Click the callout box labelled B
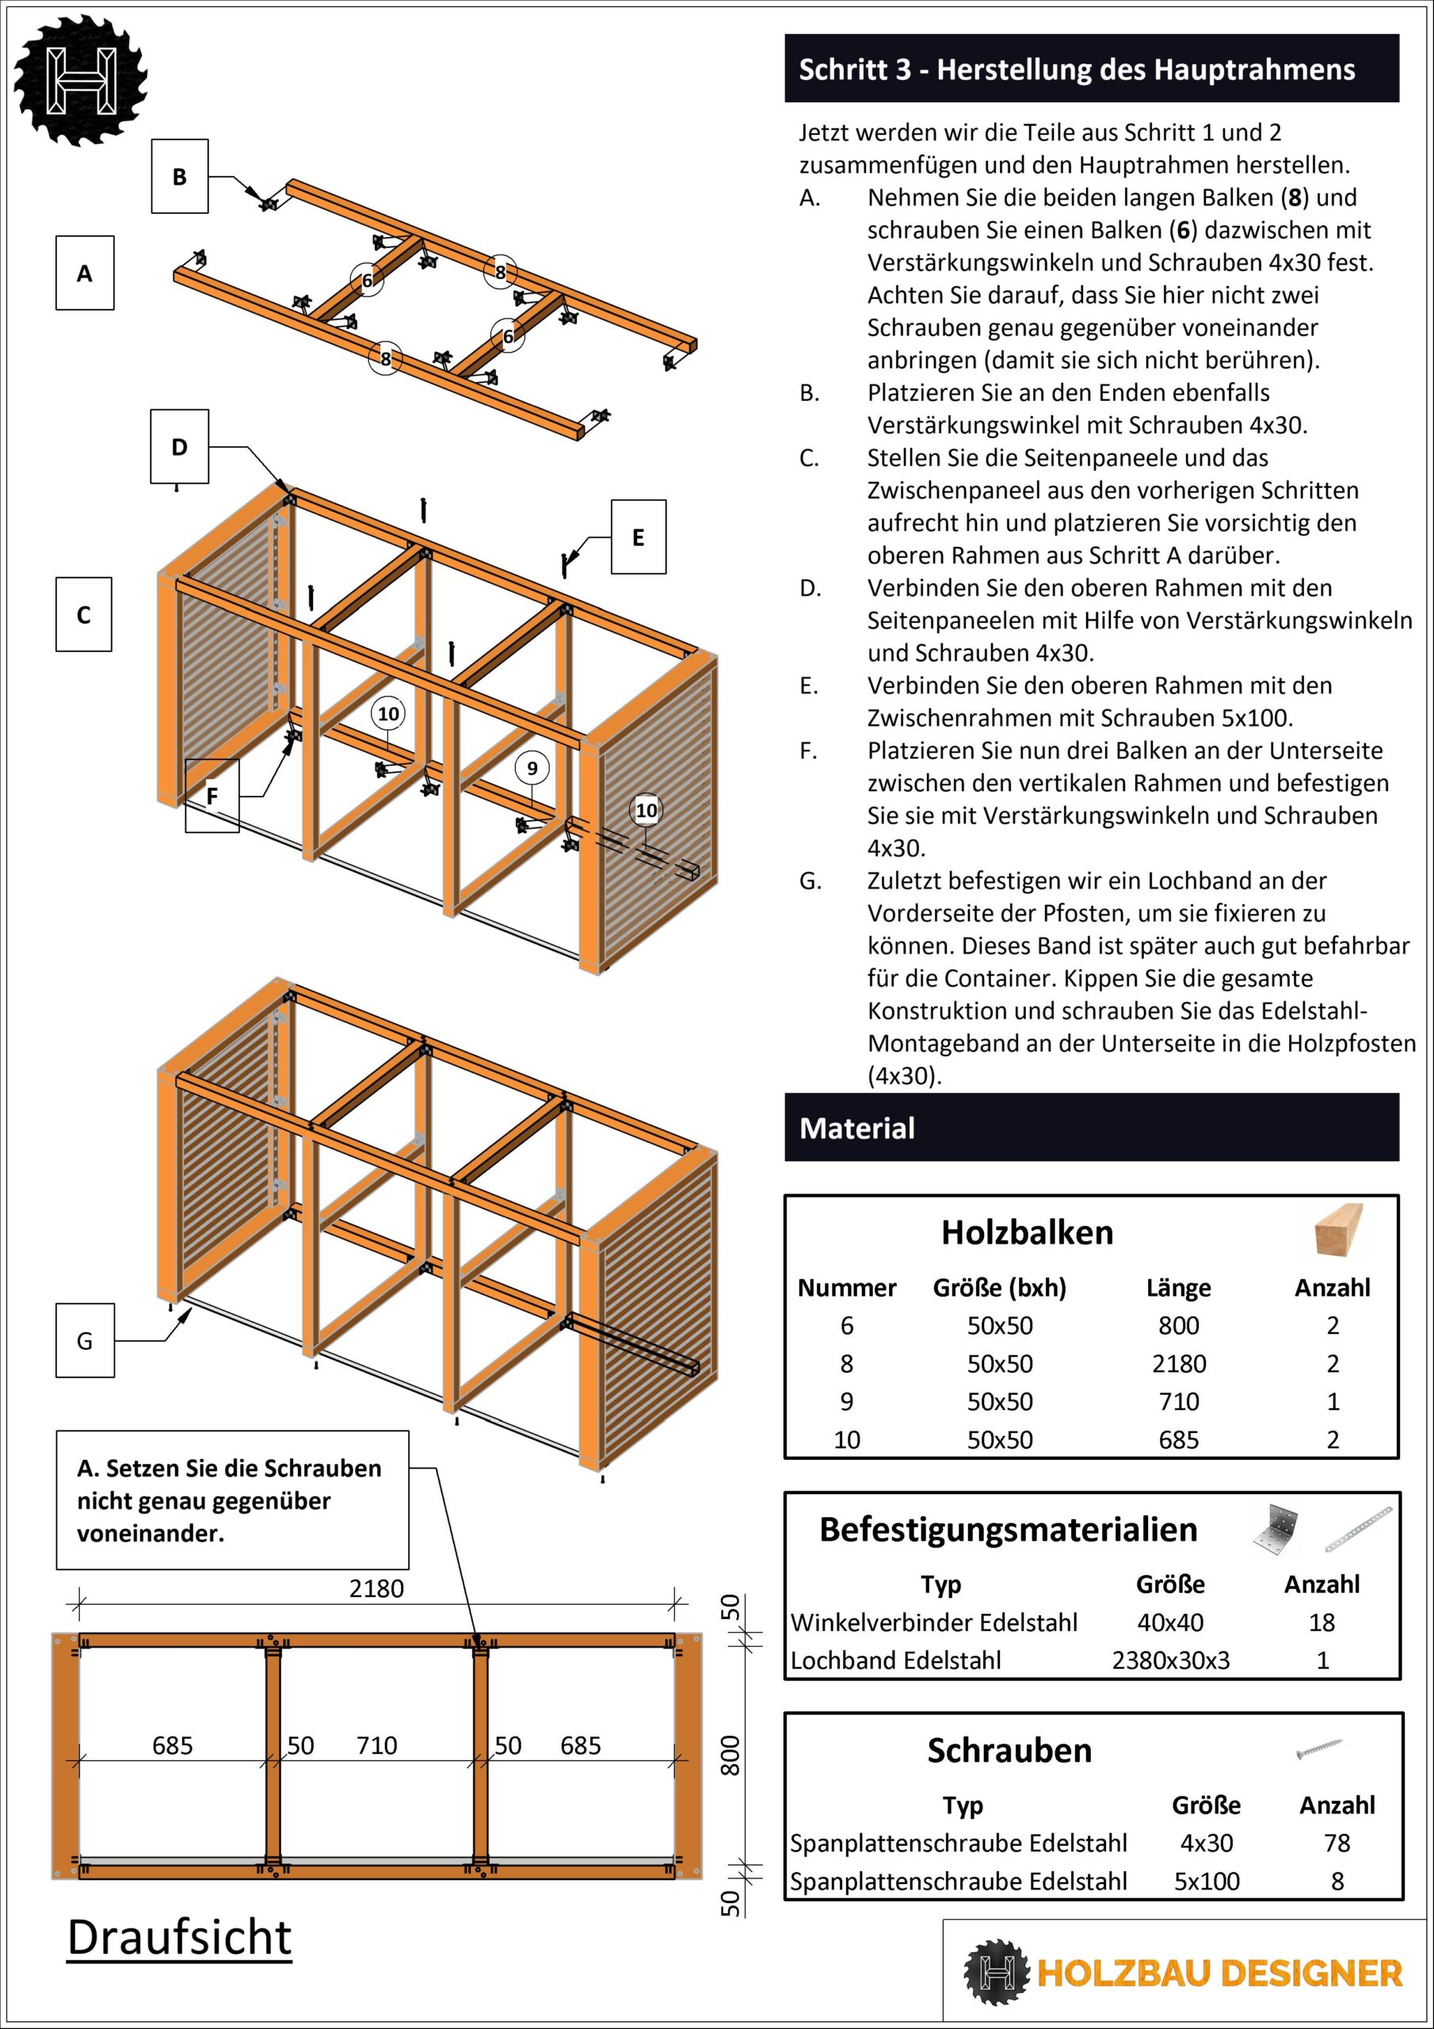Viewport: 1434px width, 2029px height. (179, 176)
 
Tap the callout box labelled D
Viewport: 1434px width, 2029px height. (179, 446)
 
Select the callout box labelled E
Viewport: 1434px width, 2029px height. (638, 537)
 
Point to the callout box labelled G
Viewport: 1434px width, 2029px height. (85, 1340)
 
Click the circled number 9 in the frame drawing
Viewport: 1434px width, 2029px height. (532, 768)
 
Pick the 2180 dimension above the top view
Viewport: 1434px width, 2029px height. (376, 1589)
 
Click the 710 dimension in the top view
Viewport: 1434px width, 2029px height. (376, 1745)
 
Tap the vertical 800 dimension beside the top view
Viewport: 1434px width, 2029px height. (730, 1756)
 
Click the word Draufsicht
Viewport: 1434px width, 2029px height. (179, 1938)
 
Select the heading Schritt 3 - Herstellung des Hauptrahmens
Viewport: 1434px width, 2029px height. (1076, 69)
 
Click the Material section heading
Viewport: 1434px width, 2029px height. (857, 1129)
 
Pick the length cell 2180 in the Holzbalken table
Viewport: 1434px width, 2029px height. (1179, 1363)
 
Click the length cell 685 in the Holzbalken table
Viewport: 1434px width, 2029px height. (1179, 1439)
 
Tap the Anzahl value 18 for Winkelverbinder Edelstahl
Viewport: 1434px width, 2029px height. (1321, 1622)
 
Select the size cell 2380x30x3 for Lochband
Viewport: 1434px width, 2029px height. (1171, 1660)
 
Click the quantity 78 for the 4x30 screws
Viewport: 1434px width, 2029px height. (1337, 1843)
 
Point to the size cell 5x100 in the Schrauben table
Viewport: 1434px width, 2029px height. (1207, 1881)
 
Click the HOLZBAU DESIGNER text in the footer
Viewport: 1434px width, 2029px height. (1219, 1974)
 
